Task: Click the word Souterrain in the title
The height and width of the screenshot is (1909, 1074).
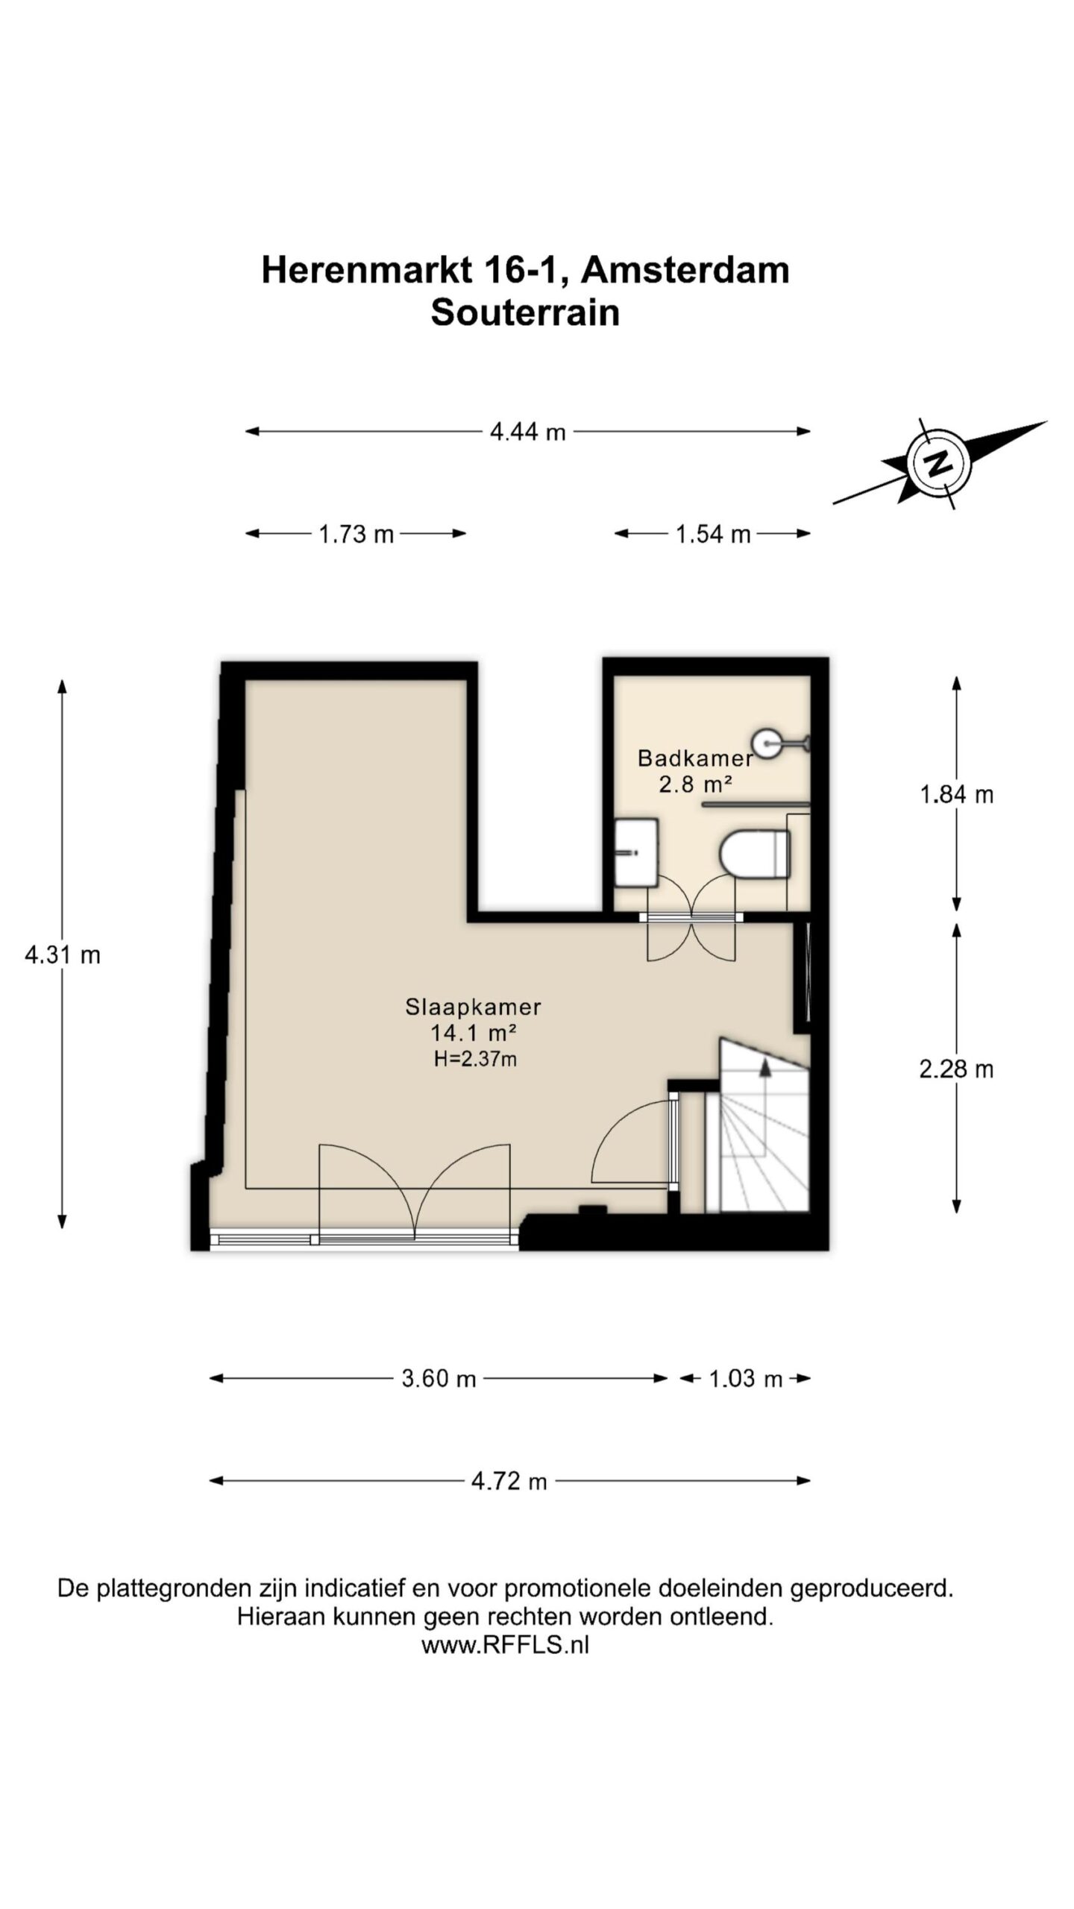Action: point(525,312)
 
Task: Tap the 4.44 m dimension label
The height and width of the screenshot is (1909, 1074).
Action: point(528,432)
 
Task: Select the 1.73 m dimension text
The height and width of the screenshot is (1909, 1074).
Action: point(357,534)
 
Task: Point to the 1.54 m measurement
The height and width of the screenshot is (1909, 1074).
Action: point(713,534)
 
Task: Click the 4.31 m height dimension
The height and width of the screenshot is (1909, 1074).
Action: point(63,954)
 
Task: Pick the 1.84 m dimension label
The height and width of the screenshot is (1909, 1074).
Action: point(957,795)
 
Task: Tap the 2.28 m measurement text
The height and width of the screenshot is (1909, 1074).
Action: point(957,1069)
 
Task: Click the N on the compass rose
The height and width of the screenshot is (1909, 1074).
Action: point(939,463)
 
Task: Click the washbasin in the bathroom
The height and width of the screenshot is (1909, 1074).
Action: point(636,852)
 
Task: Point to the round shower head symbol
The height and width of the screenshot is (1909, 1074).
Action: point(766,742)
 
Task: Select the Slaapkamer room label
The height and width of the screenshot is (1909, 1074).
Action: point(473,1007)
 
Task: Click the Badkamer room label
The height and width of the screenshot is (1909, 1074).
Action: point(695,758)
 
